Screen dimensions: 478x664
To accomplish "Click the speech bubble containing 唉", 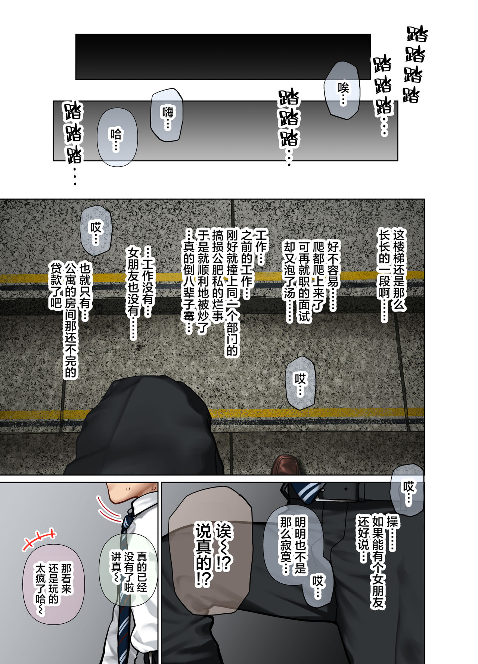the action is pos(341,90).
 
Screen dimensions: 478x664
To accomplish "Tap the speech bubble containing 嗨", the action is pos(167,115).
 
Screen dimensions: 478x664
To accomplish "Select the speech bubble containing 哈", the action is pos(117,137).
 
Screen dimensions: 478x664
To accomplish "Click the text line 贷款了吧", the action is pos(56,285).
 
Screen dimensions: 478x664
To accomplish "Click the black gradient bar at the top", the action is pos(223,57).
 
